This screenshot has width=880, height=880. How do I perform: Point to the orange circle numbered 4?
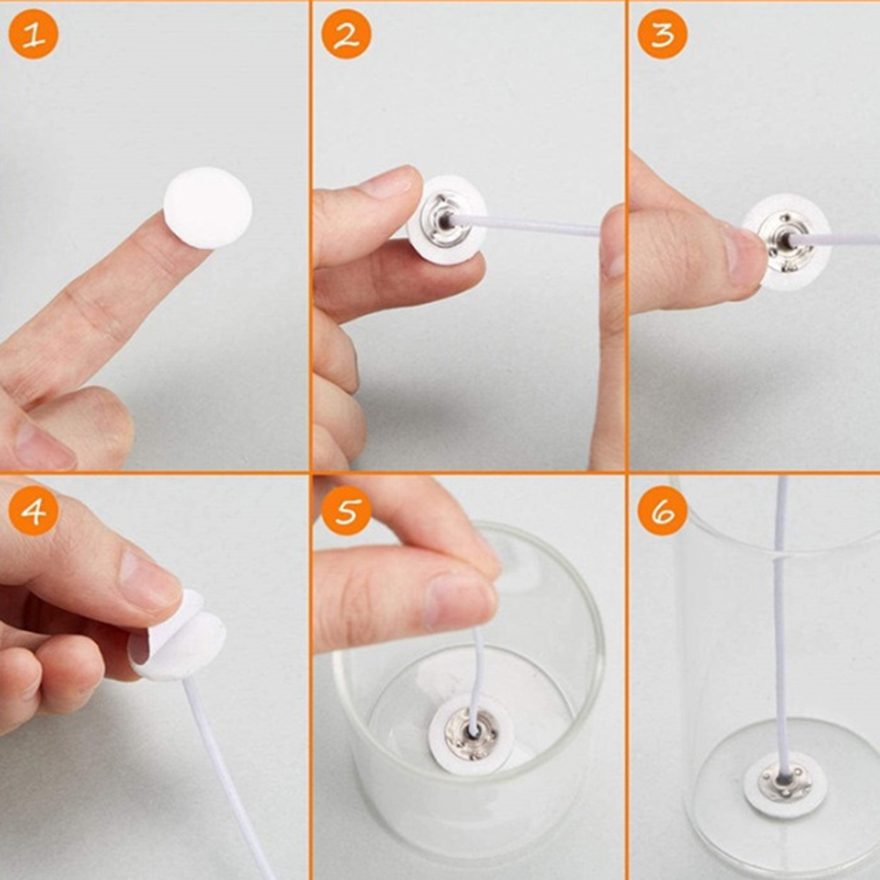point(33,510)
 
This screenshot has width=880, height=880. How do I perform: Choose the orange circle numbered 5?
point(346,510)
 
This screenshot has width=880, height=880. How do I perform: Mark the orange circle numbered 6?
point(663,510)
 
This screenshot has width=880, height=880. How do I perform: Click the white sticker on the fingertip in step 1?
point(207,207)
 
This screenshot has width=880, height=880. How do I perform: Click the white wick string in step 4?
point(225,775)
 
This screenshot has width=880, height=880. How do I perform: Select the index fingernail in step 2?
point(387,184)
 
